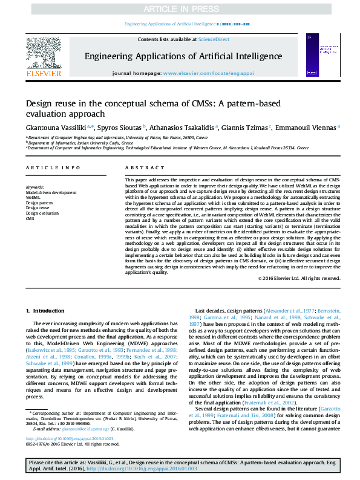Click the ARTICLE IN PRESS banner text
click(x=180, y=10)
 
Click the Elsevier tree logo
click(x=43, y=55)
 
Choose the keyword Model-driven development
click(x=51, y=192)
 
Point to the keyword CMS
click(x=30, y=218)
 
